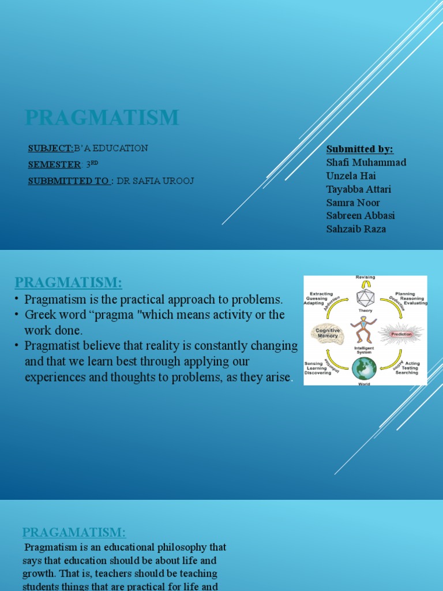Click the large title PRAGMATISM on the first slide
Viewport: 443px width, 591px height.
coord(102,118)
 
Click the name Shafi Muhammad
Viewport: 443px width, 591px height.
coord(366,162)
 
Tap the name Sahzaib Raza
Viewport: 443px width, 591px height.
coord(356,229)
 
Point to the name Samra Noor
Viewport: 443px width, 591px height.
coord(353,203)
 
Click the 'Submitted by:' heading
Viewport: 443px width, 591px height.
coord(359,149)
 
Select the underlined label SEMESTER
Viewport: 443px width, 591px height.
coord(54,164)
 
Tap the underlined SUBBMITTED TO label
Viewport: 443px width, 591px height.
coord(69,181)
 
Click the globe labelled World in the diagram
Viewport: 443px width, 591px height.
coord(364,368)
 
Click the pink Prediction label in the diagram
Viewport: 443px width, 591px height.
coord(401,334)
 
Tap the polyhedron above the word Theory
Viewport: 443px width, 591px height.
coord(365,298)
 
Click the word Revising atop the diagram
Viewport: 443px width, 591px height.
coord(365,278)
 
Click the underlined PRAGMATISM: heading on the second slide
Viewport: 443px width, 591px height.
coord(69,283)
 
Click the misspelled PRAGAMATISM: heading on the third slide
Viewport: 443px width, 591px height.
coord(74,532)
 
